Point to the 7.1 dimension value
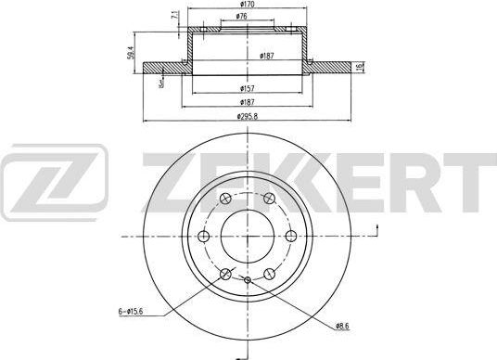tap(174, 15)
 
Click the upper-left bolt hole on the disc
tap(226, 199)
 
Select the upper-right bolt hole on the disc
tap(269, 199)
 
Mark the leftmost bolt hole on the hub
tap(206, 236)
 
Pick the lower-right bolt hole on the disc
tap(269, 273)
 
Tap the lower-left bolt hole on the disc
tap(226, 273)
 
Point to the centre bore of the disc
tap(248, 236)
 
